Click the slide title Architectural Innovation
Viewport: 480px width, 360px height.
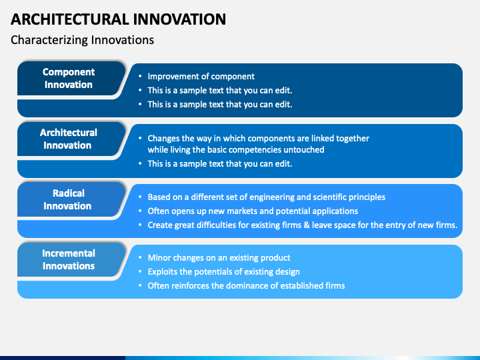click(x=118, y=19)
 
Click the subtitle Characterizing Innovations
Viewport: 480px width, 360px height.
click(x=83, y=40)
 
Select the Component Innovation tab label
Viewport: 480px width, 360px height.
click(x=69, y=78)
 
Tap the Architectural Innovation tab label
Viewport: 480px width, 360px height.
click(x=68, y=139)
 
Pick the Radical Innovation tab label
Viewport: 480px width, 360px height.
click(x=67, y=199)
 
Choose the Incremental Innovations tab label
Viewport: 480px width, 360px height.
click(x=69, y=259)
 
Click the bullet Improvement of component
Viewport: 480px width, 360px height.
click(x=201, y=77)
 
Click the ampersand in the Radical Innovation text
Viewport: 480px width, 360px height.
click(x=307, y=225)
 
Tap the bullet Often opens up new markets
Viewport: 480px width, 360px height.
click(x=253, y=211)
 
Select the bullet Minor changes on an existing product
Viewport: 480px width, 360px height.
click(x=219, y=258)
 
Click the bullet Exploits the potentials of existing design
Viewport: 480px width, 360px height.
click(x=224, y=272)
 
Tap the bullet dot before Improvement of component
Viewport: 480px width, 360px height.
click(x=140, y=76)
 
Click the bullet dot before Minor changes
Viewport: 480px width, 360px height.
click(x=140, y=257)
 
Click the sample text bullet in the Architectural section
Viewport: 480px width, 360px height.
click(x=220, y=164)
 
